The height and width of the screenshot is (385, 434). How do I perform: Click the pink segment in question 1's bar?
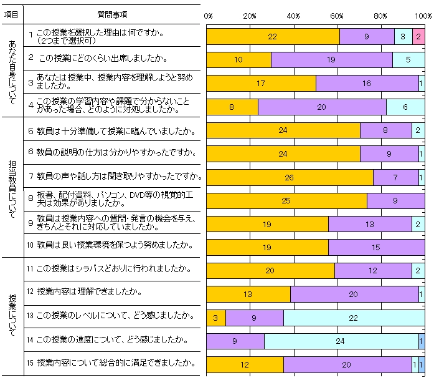coord(418,36)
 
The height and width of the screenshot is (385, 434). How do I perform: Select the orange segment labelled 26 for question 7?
coord(290,178)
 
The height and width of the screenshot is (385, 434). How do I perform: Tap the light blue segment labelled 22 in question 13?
coord(354,318)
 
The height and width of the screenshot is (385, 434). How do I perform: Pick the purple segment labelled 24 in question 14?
coord(341,341)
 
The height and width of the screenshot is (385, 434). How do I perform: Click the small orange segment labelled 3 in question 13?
coord(215,318)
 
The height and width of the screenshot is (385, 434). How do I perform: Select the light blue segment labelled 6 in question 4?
coord(405,107)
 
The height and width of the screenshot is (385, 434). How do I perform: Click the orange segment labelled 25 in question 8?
coord(286,201)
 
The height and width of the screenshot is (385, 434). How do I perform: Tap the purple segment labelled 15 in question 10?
coord(376,248)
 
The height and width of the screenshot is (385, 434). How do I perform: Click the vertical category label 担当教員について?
coord(12,186)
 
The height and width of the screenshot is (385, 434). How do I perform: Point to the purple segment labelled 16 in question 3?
coord(367,83)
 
